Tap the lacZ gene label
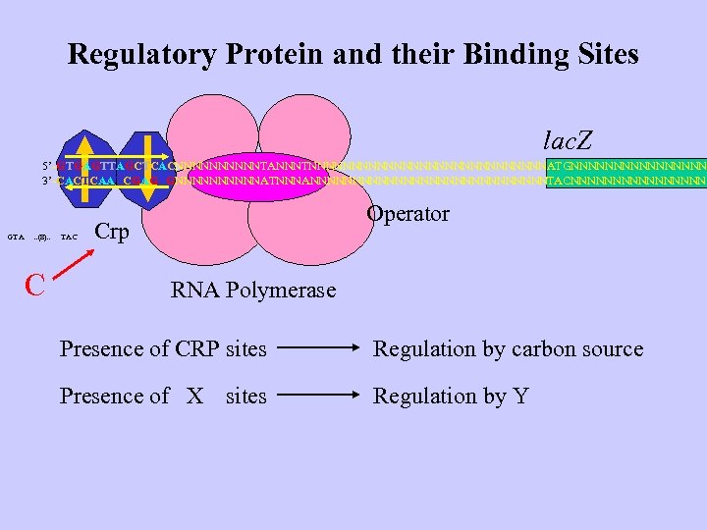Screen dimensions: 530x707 point(572,139)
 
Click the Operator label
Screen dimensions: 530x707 point(408,214)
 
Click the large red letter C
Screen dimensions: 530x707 point(36,285)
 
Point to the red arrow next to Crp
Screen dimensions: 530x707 point(72,264)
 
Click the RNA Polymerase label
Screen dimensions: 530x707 point(253,290)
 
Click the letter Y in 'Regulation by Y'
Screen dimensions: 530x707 point(520,396)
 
